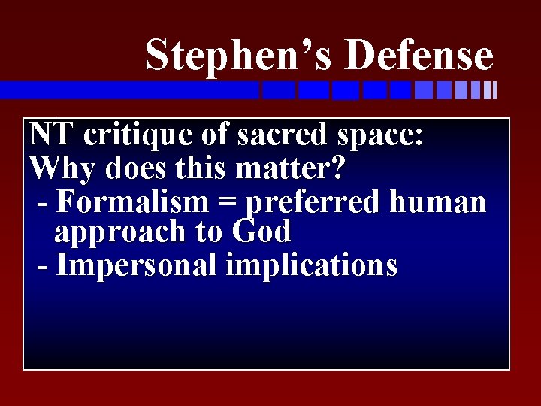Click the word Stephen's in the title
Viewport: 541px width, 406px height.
pyautogui.click(x=242, y=56)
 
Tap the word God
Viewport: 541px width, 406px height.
pyautogui.click(x=261, y=232)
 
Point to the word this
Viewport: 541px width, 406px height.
pyautogui.click(x=195, y=168)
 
